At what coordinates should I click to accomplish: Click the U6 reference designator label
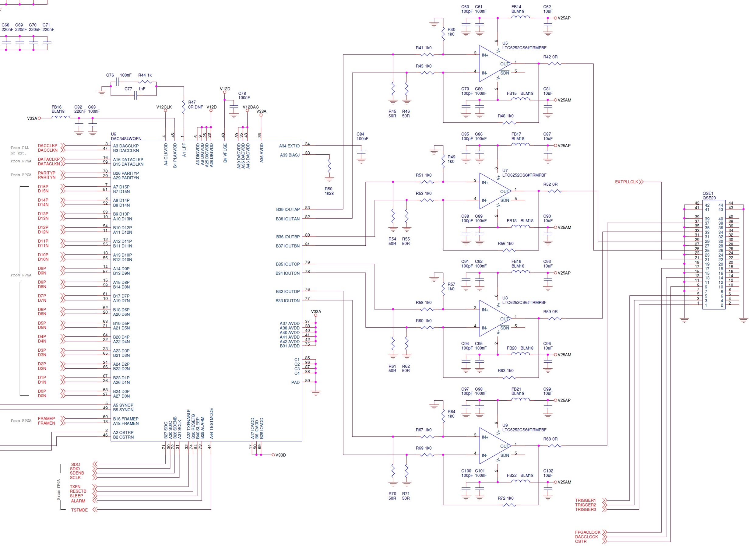[114, 134]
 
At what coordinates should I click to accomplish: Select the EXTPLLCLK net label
[627, 182]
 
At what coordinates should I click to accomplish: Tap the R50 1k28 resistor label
[329, 191]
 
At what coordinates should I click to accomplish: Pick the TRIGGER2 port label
[585, 505]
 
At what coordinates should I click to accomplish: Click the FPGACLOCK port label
[587, 532]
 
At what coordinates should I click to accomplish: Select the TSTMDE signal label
[79, 510]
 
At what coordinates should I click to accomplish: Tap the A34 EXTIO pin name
[289, 146]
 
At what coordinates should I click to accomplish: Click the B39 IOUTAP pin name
[288, 209]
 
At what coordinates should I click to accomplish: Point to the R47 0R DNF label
[195, 105]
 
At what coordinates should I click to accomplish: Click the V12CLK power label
[164, 107]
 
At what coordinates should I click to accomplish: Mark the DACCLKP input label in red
[47, 146]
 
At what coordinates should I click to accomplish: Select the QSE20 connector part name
[709, 198]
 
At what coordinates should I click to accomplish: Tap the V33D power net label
[281, 455]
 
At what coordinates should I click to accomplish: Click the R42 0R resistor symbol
[555, 64]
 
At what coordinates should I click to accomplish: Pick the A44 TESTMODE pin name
[211, 423]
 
